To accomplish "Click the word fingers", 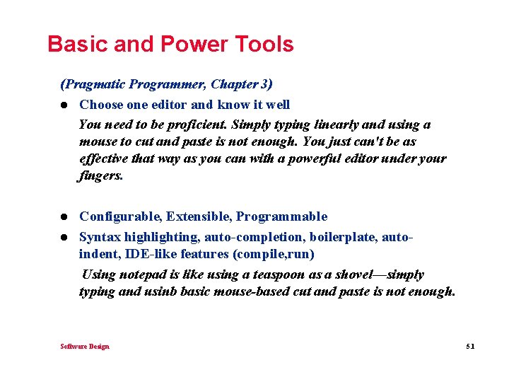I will point(100,176).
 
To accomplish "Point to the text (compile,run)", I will point(279,254).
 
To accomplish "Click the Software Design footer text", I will point(85,346).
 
